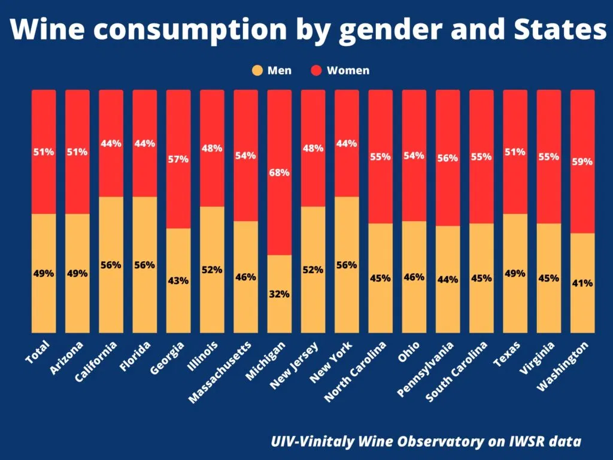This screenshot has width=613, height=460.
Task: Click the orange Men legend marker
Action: tap(257, 71)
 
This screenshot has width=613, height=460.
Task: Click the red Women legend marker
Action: tap(317, 71)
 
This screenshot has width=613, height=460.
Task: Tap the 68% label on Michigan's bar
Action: tap(279, 172)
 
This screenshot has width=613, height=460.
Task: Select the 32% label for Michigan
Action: tap(279, 294)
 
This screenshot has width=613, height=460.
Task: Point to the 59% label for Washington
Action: tap(582, 162)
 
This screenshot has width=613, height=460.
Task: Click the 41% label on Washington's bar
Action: tap(582, 283)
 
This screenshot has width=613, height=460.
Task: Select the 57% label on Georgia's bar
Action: tap(178, 159)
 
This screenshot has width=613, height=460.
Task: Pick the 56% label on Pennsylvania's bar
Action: tap(448, 158)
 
